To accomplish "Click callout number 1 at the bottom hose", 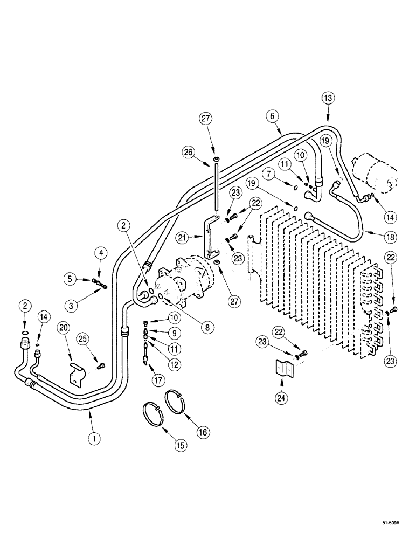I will pyautogui.click(x=94, y=439).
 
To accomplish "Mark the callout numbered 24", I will pyautogui.click(x=281, y=399).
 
